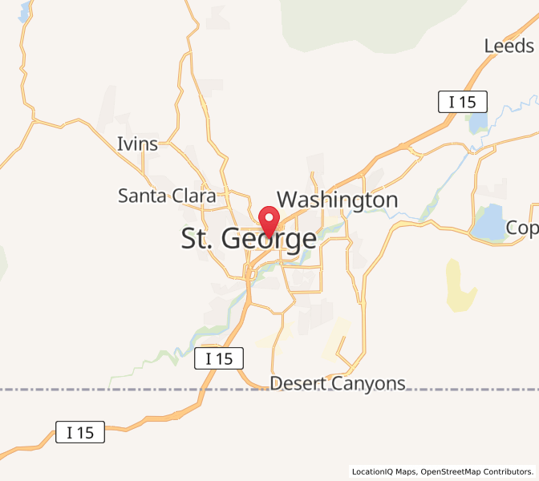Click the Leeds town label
(x=509, y=46)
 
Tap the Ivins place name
(x=137, y=144)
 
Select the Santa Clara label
(x=166, y=196)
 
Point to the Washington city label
(x=337, y=200)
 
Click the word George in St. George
(x=267, y=239)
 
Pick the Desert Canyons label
(x=338, y=383)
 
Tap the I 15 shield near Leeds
(x=462, y=102)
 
